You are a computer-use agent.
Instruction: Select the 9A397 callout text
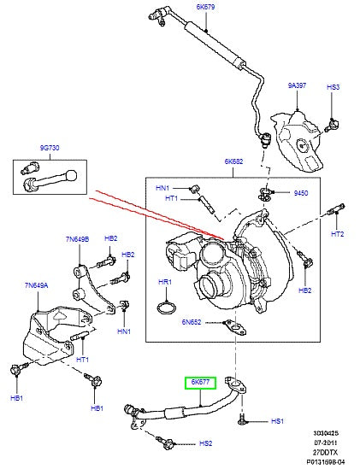(297, 85)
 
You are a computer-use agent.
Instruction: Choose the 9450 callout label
(300, 194)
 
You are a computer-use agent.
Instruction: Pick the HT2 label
(337, 234)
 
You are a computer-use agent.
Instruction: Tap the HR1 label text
(165, 282)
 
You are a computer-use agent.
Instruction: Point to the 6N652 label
(191, 323)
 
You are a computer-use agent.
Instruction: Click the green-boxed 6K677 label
(201, 384)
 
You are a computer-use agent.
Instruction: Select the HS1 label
(276, 421)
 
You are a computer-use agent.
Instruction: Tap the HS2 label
(205, 443)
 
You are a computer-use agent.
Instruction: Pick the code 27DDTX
(337, 451)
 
